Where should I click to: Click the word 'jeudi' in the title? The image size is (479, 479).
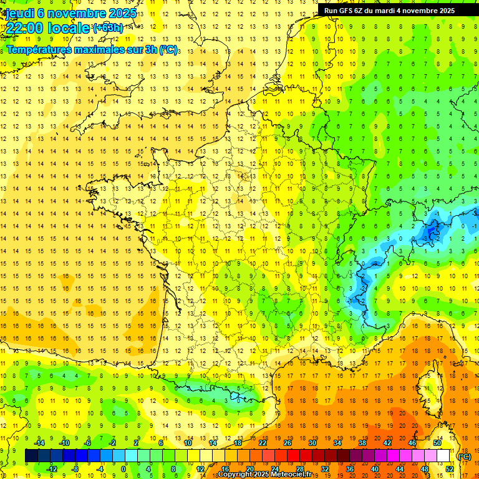pyautogui.click(x=19, y=13)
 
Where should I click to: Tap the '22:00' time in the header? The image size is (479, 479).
pyautogui.click(x=26, y=28)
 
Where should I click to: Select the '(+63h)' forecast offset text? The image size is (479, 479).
pyautogui.click(x=108, y=27)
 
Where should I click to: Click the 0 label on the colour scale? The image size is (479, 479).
pyautogui.click(x=123, y=469)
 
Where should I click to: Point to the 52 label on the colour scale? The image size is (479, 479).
pyautogui.click(x=450, y=469)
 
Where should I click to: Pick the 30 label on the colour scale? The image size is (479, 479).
pyautogui.click(x=312, y=443)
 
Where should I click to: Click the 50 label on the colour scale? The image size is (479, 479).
pyautogui.click(x=437, y=443)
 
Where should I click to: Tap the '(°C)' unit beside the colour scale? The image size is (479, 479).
pyautogui.click(x=464, y=457)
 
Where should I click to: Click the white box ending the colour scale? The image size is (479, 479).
pyautogui.click(x=443, y=456)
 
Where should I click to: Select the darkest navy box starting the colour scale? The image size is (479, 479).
pyautogui.click(x=31, y=456)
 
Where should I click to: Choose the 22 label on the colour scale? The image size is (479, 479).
pyautogui.click(x=263, y=443)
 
